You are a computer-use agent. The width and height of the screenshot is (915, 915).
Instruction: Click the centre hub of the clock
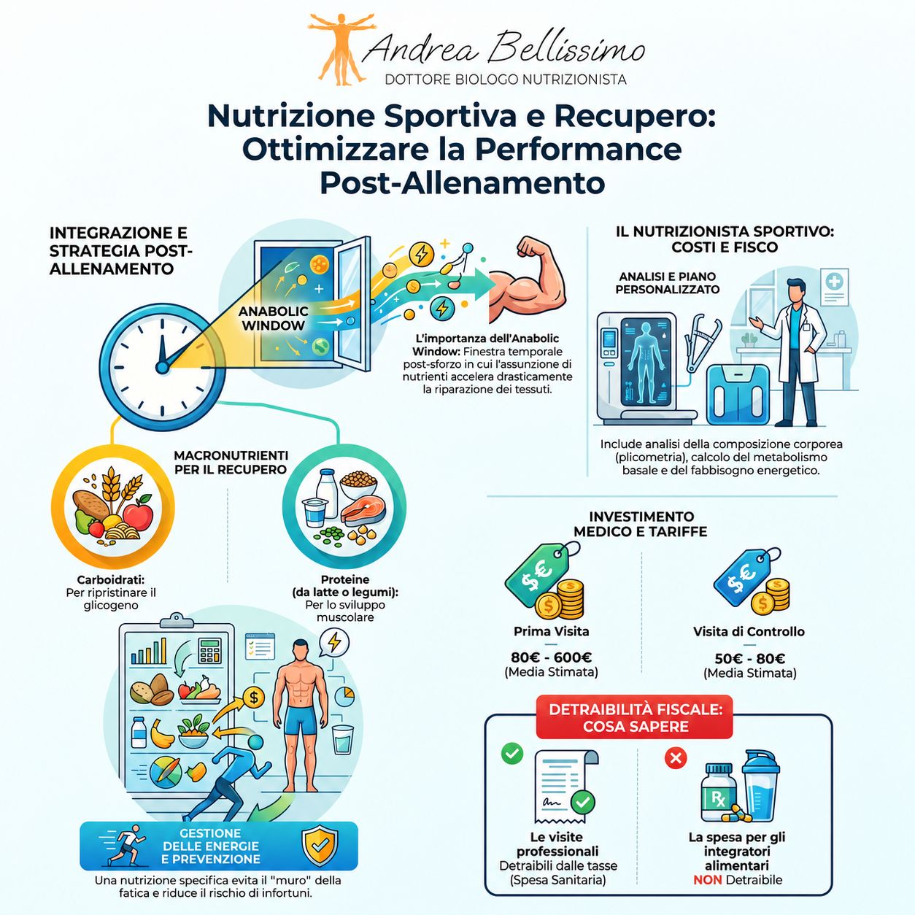[x=162, y=367]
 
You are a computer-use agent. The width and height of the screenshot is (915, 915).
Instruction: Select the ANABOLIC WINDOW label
[x=273, y=318]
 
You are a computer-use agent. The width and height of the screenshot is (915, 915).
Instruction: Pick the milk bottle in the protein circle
[x=328, y=493]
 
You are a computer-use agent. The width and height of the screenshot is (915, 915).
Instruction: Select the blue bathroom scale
[x=737, y=394]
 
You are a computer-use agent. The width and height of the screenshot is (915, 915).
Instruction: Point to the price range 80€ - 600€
[x=552, y=657]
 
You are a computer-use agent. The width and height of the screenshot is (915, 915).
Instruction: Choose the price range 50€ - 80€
[x=750, y=659]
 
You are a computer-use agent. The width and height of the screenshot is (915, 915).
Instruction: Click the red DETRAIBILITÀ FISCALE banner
[x=635, y=717]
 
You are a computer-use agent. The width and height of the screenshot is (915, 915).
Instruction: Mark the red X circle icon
[x=675, y=758]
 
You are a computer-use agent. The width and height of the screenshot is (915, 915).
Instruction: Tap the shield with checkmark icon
[x=320, y=846]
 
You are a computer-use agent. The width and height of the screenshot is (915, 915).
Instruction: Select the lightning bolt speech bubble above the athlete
[x=334, y=644]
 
